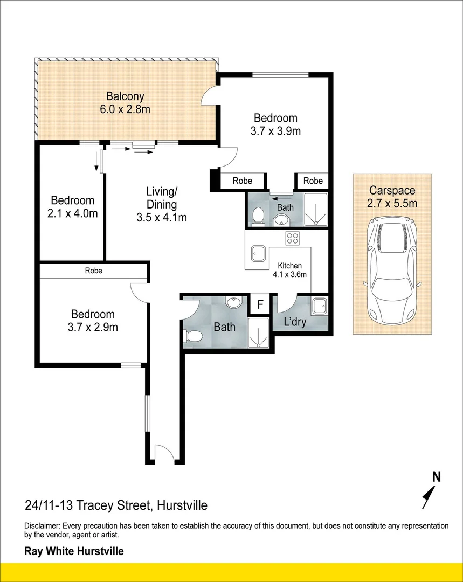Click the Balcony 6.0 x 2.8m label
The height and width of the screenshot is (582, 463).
click(125, 103)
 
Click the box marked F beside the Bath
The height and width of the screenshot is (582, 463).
click(260, 304)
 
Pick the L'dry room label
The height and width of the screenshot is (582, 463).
click(295, 322)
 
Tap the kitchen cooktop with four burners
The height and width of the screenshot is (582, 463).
click(293, 238)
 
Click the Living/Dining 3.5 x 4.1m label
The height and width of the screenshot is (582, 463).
click(162, 205)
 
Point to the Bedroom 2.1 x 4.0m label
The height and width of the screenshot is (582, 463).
click(72, 206)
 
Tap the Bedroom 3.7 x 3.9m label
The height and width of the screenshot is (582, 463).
click(275, 124)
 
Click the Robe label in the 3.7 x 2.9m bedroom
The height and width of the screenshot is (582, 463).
click(93, 271)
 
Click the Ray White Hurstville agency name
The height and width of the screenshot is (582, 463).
click(74, 551)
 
